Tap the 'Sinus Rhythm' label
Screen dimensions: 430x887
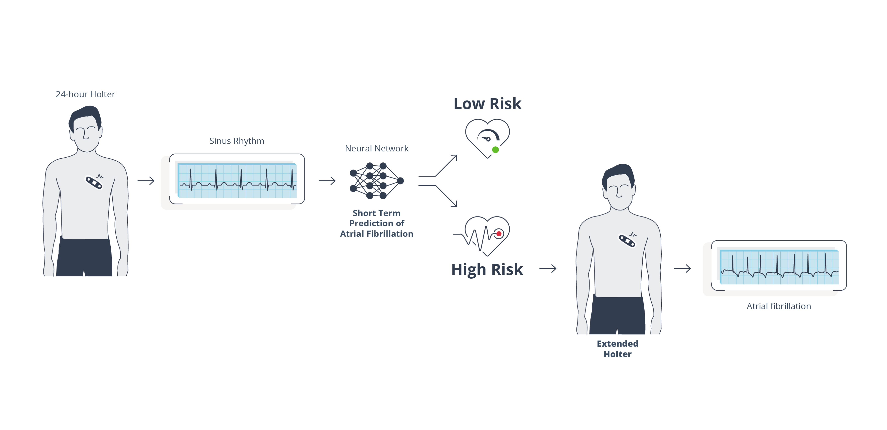[237, 141]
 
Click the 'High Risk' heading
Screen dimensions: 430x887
[487, 269]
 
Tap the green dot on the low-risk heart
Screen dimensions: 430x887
[495, 150]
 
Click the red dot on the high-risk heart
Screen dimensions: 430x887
[499, 234]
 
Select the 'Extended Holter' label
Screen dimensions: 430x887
[617, 349]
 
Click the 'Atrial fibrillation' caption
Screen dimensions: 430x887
[778, 306]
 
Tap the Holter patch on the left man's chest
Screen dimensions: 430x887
[94, 182]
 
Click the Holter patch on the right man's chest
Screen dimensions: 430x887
[627, 241]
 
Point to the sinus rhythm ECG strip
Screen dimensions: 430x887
[237, 181]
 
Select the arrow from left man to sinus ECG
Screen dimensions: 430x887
[146, 181]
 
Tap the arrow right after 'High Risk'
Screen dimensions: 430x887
[548, 268]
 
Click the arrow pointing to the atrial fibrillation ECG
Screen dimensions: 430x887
[682, 268]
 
